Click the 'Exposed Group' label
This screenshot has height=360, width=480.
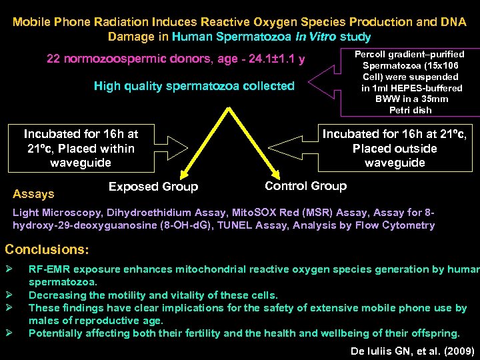[x=153, y=187]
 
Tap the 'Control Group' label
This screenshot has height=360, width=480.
[x=305, y=186]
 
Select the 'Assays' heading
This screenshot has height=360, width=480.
[x=33, y=194]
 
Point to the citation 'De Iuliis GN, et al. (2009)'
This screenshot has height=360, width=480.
[x=411, y=349]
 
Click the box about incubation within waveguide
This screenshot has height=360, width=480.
[x=81, y=148]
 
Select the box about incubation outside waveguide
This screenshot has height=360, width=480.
[x=395, y=148]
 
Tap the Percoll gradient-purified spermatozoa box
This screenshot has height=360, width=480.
[x=409, y=81]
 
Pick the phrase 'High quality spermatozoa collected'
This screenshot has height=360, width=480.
[x=194, y=86]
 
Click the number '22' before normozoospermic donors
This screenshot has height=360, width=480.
[x=54, y=59]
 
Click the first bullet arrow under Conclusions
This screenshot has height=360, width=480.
[x=9, y=269]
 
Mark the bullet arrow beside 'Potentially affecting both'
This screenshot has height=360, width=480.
[x=9, y=333]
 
